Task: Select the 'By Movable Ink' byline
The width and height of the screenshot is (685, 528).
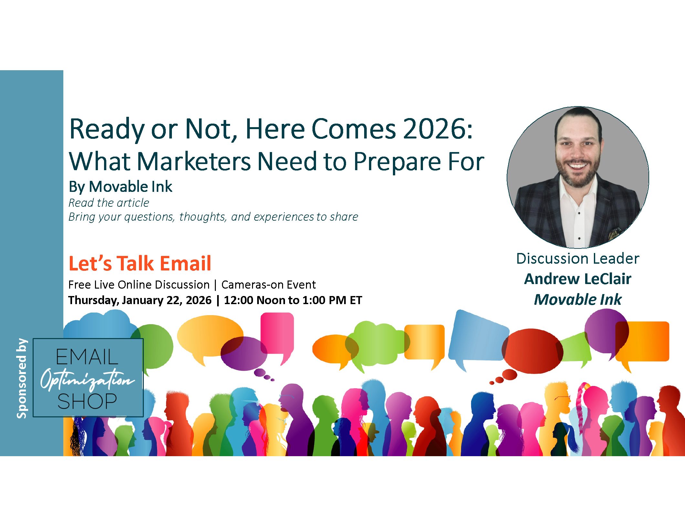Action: tap(121, 187)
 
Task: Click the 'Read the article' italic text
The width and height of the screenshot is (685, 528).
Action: tap(109, 203)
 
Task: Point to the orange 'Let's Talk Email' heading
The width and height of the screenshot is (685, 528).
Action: tap(140, 263)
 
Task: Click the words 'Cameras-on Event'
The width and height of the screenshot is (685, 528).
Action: tap(269, 285)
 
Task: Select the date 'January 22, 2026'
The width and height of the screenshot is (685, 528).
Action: tap(167, 300)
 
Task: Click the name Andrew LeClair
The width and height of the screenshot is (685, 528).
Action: tap(578, 279)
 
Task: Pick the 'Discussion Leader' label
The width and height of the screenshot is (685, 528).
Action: tap(578, 258)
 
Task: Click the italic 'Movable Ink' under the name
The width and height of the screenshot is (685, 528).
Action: tap(578, 299)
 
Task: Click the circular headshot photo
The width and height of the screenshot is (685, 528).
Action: tap(578, 177)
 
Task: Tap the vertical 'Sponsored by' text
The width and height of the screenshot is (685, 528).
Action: tap(22, 378)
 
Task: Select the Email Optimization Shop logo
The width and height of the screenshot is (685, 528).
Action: tap(88, 378)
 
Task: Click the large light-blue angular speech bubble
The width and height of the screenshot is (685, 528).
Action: tap(478, 338)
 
